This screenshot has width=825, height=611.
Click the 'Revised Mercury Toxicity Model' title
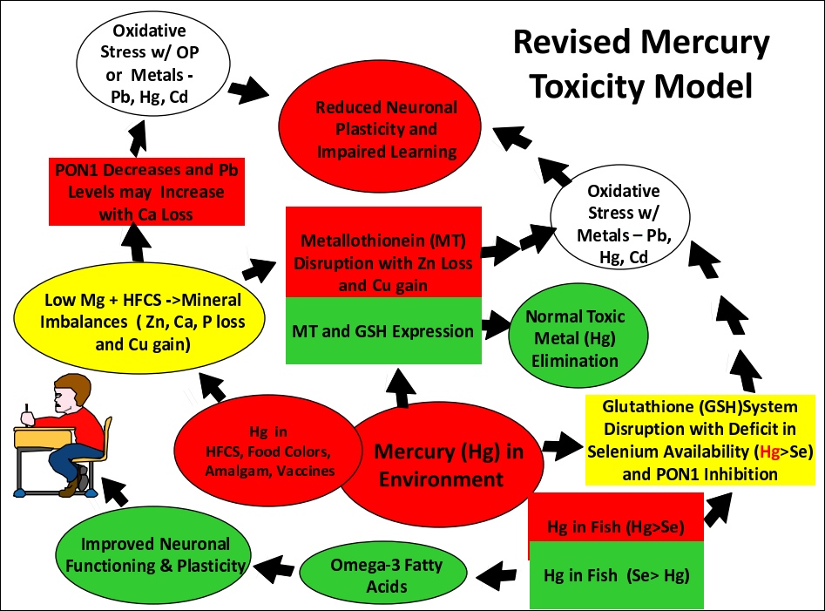641,64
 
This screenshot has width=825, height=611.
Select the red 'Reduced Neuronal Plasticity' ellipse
379,128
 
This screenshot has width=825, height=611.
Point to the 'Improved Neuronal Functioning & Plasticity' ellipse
153,554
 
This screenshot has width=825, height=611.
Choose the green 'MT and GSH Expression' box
383,330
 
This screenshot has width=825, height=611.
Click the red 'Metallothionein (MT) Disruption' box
383,252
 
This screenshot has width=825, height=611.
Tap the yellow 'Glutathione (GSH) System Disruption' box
700,440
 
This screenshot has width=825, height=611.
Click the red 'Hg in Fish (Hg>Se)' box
616,518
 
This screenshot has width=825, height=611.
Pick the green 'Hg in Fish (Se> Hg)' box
617,574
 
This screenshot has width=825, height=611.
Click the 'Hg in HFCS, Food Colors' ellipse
267,451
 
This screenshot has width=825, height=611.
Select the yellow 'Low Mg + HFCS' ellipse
139,318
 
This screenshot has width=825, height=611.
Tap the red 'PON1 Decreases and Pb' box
147,192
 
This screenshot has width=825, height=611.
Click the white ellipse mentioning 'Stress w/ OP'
153,64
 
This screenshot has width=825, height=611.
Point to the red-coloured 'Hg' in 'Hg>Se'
768,451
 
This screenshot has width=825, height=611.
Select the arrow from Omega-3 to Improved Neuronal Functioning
274,567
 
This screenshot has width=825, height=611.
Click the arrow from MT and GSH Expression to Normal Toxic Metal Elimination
496,325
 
